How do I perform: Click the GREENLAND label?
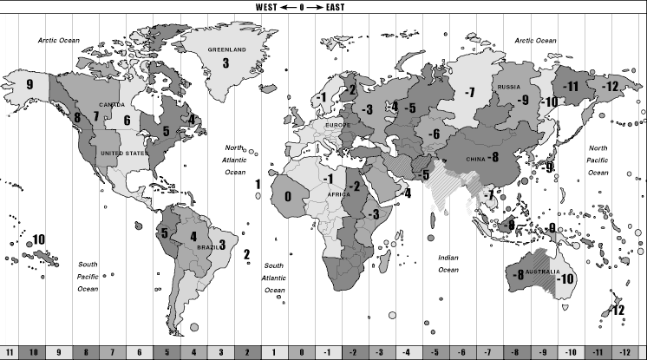click(227, 50)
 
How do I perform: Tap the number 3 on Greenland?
click(225, 62)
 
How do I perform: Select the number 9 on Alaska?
click(29, 84)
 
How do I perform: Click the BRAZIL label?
click(208, 247)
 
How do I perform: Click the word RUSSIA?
click(507, 88)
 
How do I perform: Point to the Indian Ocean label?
click(448, 263)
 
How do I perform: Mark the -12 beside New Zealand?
click(618, 310)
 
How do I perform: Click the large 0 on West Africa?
click(288, 197)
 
